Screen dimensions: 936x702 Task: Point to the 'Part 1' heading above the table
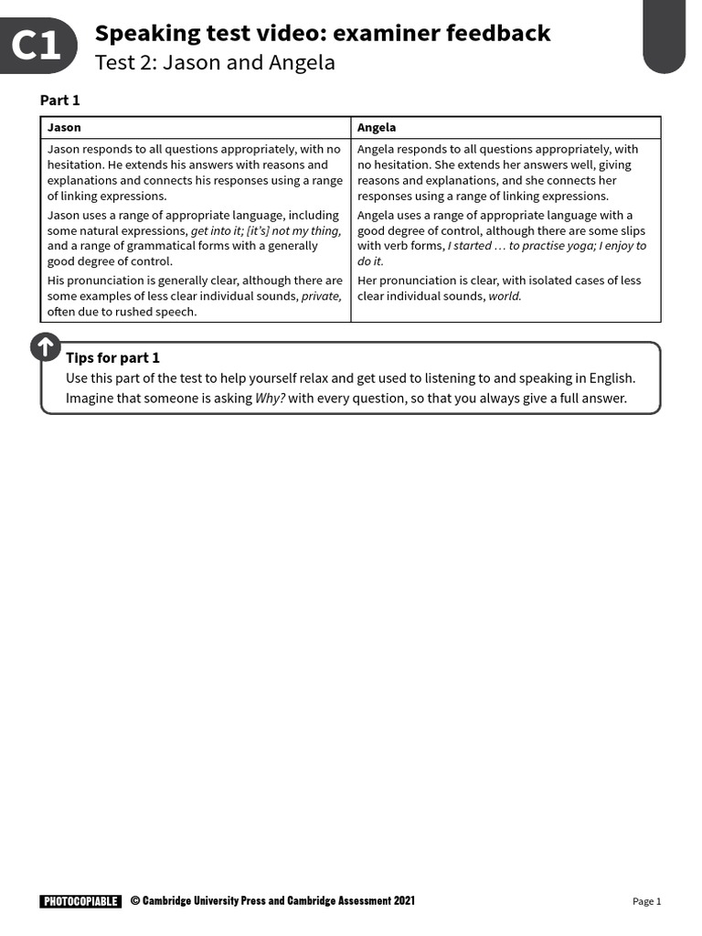pos(60,101)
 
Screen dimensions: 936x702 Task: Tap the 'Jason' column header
pos(64,128)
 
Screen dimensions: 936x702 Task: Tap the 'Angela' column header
pos(377,128)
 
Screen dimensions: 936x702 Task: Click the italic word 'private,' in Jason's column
pos(322,296)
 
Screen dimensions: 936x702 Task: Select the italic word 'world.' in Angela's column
pos(505,296)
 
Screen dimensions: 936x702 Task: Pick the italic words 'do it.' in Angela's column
pos(370,261)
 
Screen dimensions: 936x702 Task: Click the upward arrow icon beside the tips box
pos(45,347)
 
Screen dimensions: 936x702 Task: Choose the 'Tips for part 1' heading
pos(112,357)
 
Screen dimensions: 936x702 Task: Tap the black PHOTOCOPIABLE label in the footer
pos(80,901)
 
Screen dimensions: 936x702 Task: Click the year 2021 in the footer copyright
pos(404,901)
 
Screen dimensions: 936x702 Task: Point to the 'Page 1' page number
pos(646,901)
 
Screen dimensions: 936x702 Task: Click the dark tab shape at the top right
pos(676,37)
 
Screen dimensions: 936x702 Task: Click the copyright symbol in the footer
pos(134,901)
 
